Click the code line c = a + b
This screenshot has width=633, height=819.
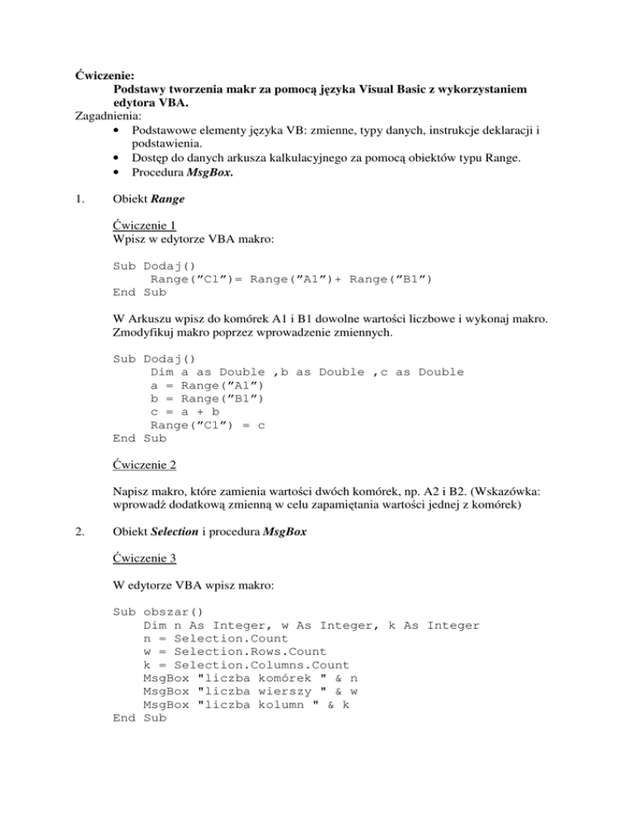(185, 412)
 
